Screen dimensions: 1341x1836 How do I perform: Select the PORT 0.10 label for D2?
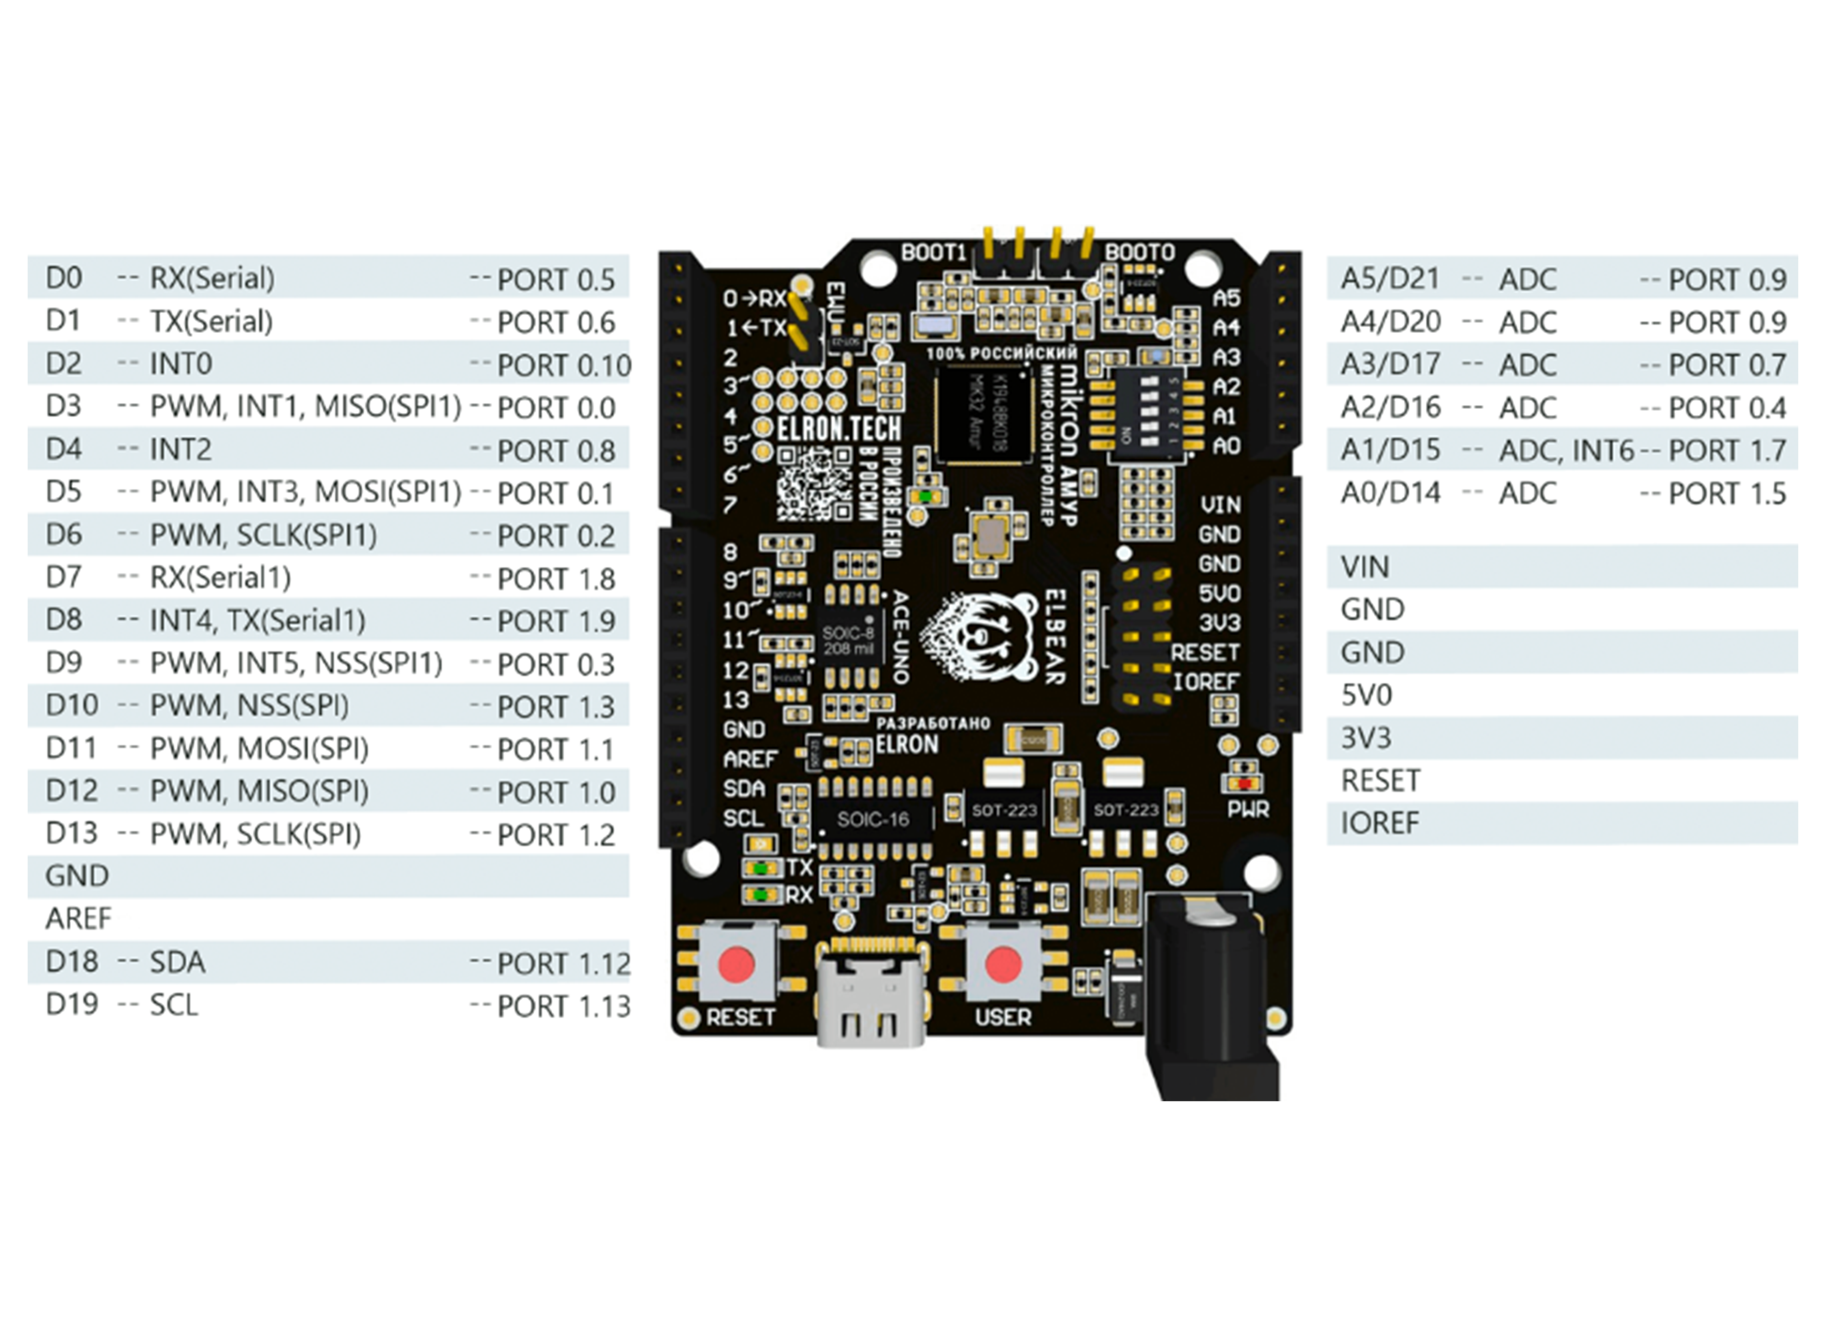point(563,365)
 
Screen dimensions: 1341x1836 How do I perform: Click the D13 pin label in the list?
point(71,834)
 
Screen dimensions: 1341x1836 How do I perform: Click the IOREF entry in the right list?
point(1380,823)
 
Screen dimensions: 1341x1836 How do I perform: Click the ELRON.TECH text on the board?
point(838,429)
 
